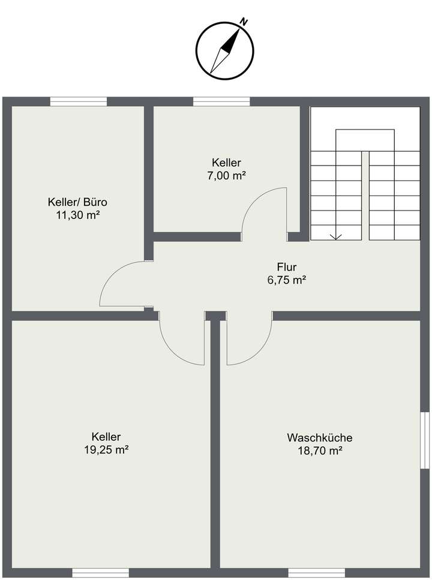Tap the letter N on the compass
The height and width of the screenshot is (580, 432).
[x=244, y=22]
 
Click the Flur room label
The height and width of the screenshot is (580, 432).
[x=287, y=267]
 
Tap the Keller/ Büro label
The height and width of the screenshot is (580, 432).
[x=78, y=202]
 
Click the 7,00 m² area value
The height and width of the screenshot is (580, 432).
[x=226, y=175]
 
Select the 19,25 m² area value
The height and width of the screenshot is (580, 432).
[x=107, y=450]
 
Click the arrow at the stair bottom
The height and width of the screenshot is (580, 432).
[x=336, y=236]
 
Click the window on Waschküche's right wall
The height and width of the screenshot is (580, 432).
[x=424, y=440]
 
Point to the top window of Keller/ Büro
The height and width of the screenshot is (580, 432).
[x=78, y=101]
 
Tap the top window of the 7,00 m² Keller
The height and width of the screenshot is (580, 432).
[x=221, y=101]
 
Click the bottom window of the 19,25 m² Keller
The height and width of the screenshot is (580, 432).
[x=100, y=572]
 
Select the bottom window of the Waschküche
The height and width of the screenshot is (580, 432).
[x=316, y=572]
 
